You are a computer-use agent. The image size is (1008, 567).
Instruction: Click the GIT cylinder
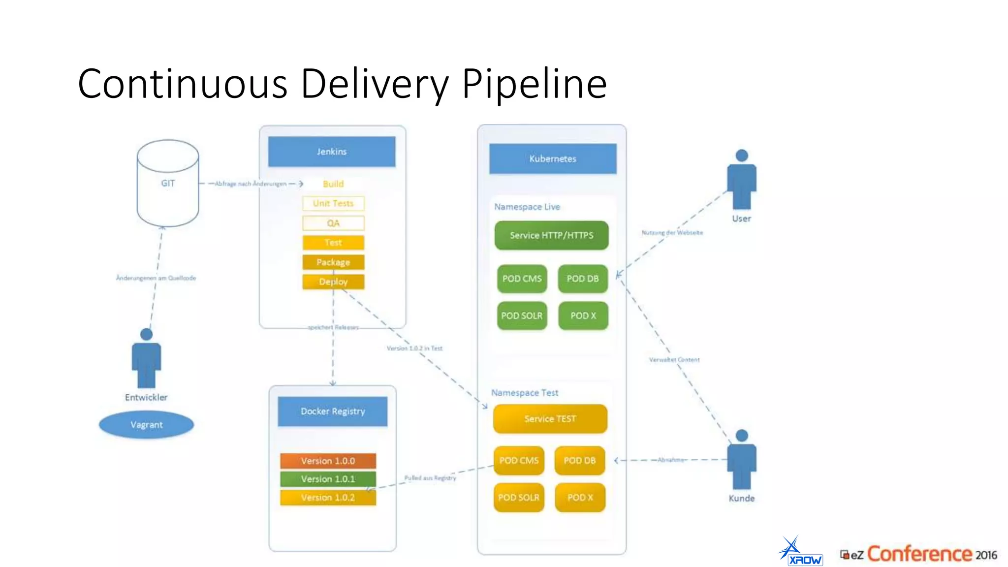(167, 183)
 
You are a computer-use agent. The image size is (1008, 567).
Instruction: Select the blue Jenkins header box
(331, 152)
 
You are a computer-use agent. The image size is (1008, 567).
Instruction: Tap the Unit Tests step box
(333, 203)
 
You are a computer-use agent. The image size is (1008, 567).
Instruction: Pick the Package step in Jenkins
(333, 262)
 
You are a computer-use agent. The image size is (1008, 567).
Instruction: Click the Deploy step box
(333, 282)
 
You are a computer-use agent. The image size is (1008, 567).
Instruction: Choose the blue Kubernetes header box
(552, 158)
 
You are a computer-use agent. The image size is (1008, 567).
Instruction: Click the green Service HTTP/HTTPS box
(551, 235)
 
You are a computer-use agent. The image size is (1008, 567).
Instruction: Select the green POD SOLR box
(522, 315)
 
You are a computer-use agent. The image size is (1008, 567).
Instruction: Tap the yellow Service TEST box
(550, 419)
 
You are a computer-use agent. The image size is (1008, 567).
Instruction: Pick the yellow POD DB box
(579, 461)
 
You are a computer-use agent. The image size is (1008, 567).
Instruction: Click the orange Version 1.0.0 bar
(328, 461)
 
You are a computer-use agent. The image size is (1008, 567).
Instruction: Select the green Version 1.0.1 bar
(328, 479)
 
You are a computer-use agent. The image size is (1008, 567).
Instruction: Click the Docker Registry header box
(333, 411)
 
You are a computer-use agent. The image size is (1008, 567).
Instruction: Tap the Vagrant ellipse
(146, 425)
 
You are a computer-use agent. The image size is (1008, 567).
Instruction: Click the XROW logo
(800, 552)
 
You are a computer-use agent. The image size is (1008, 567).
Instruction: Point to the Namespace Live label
(527, 207)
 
